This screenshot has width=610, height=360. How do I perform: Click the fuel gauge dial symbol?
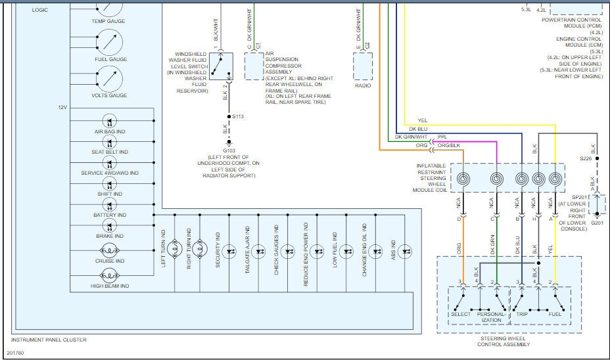point(109,43)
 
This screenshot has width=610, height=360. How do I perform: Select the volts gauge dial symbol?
point(109,79)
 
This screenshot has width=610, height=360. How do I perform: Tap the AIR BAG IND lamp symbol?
point(109,121)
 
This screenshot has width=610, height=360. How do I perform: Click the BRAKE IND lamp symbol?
point(109,225)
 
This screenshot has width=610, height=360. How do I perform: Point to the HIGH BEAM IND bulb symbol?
point(109,276)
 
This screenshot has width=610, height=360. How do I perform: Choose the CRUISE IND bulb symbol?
point(109,251)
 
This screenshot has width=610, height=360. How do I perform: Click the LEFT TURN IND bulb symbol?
point(175,248)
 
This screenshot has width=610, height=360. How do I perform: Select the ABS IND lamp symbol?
point(405,252)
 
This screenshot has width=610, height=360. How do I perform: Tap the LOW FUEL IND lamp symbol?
point(346,252)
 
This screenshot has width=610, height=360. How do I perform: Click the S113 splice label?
point(238,116)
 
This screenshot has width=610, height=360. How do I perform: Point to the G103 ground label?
point(229,150)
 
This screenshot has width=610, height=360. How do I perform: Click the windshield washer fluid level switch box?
point(221,66)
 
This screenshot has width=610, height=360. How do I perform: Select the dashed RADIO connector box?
point(363,66)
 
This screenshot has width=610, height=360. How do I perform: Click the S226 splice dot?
point(597,158)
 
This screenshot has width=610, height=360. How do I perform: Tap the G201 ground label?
point(597,223)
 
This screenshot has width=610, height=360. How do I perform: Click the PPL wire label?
point(442,137)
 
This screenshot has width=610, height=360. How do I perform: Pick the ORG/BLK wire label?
point(449,145)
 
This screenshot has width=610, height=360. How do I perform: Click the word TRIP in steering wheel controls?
point(522,314)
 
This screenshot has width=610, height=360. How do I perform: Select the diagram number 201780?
point(16,353)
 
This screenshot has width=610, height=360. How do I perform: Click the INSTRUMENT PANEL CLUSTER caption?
point(49,340)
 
